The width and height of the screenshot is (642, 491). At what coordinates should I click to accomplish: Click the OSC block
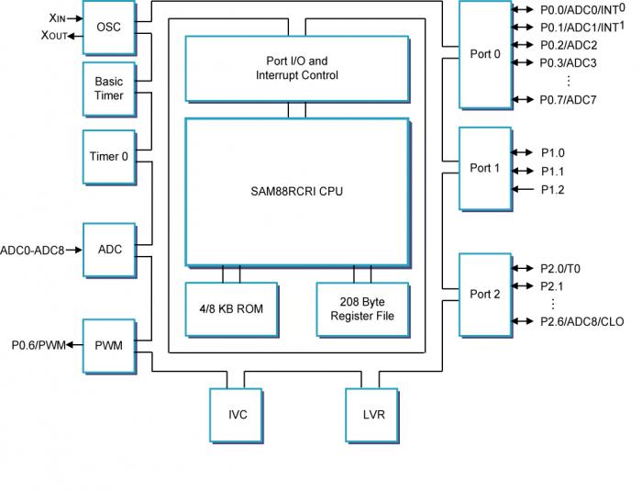coord(108,27)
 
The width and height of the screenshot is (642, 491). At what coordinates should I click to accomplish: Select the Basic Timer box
coord(108,88)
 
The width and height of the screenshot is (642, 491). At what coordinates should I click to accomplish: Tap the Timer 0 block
coord(108,156)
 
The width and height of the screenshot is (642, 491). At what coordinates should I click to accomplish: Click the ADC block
coord(108,249)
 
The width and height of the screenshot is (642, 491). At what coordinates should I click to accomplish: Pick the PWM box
coord(108,345)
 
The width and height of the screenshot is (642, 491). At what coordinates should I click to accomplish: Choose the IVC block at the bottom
coord(238,414)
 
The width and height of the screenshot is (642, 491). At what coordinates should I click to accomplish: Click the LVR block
coord(373,414)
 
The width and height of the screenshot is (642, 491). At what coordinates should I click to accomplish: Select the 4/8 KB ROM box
coord(230,308)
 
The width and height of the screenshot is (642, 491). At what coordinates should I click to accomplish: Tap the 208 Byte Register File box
coord(361,308)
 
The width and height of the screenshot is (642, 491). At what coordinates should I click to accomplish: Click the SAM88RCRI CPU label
coord(295,191)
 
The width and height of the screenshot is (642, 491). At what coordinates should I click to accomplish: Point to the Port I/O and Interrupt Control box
coord(295,67)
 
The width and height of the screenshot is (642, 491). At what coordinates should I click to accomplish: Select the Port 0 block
coord(484,54)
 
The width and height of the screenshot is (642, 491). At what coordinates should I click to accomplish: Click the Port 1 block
coord(484,168)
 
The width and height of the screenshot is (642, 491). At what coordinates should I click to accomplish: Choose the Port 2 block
coord(484,294)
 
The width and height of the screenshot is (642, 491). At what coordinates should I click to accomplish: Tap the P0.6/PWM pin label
coord(39,345)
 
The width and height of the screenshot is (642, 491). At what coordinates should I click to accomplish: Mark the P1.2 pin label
coord(552,189)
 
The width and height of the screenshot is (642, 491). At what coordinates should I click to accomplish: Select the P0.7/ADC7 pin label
coord(568,99)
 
